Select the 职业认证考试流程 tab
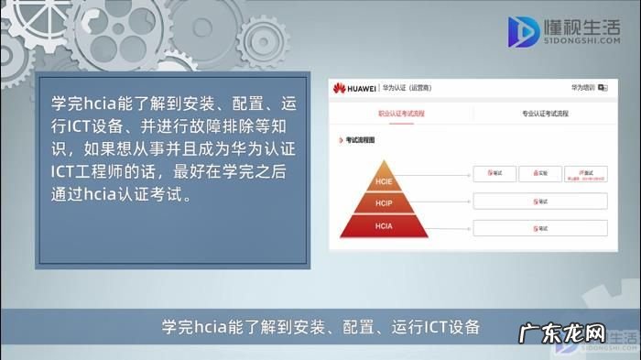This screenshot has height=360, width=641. [402, 114]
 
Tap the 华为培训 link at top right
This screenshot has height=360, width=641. [583, 87]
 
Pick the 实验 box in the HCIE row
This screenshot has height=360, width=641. [540, 173]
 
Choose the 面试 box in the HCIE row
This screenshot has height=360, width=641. [585, 173]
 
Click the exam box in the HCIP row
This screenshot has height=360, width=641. [540, 201]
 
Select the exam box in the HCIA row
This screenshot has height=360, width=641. [540, 227]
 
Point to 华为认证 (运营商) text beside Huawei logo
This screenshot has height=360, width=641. [408, 88]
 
